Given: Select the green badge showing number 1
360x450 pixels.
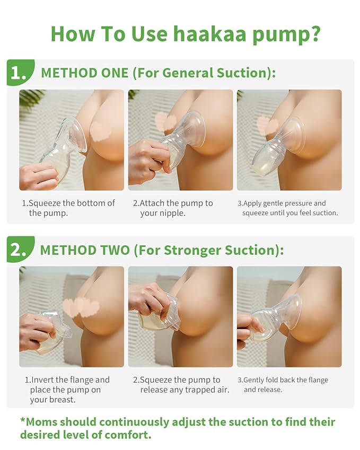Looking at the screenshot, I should [19, 74].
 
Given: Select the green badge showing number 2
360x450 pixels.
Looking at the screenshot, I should [19, 250].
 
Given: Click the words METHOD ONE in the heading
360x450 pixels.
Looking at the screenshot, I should [84, 73].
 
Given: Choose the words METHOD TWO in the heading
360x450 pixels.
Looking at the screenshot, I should [85, 250].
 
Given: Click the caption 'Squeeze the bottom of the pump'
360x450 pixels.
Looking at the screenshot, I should [68, 208].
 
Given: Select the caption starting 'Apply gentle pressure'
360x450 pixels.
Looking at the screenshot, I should [289, 208].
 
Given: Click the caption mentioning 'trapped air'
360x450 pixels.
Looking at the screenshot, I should [180, 385].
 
